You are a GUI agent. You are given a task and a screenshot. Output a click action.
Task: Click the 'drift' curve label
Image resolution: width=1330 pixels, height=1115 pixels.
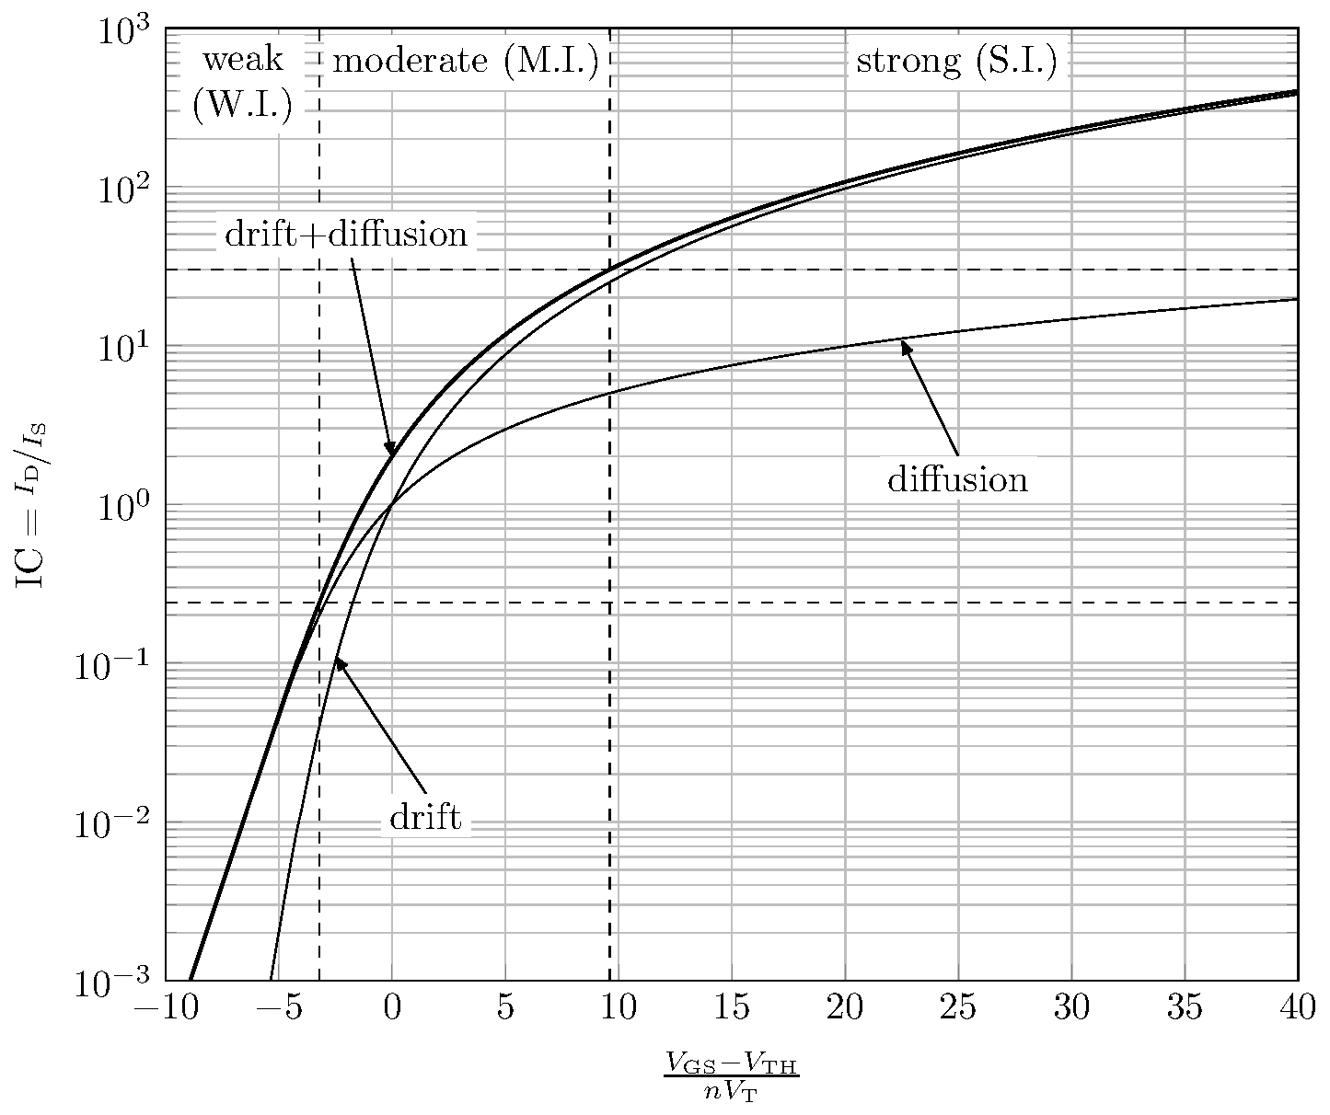tap(425, 817)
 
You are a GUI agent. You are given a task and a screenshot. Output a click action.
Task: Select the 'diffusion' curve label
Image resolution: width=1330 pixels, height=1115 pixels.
tap(957, 479)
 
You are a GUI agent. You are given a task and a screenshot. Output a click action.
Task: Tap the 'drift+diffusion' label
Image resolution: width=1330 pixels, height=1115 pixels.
tap(346, 235)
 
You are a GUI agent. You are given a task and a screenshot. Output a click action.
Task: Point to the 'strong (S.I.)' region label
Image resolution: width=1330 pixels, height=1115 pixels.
tap(955, 62)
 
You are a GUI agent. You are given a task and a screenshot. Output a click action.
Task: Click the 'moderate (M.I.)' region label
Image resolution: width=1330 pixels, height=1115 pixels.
tap(465, 62)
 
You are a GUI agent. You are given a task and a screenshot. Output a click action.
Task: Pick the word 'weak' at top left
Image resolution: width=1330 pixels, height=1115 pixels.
tap(242, 60)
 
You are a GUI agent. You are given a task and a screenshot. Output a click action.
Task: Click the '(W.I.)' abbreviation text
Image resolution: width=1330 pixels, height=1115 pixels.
tap(242, 106)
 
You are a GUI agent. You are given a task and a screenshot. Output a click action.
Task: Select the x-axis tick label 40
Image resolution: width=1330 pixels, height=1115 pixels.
tap(1297, 1009)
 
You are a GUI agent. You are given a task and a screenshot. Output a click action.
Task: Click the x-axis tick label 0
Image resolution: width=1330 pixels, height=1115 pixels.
tap(392, 1009)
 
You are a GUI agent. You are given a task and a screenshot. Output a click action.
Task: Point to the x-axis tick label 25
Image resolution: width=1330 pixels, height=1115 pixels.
tap(958, 1009)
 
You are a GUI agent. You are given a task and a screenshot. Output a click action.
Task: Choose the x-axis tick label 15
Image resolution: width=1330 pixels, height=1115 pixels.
tap(732, 1009)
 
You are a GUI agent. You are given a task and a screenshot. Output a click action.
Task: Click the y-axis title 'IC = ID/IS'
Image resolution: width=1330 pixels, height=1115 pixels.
tap(32, 505)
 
